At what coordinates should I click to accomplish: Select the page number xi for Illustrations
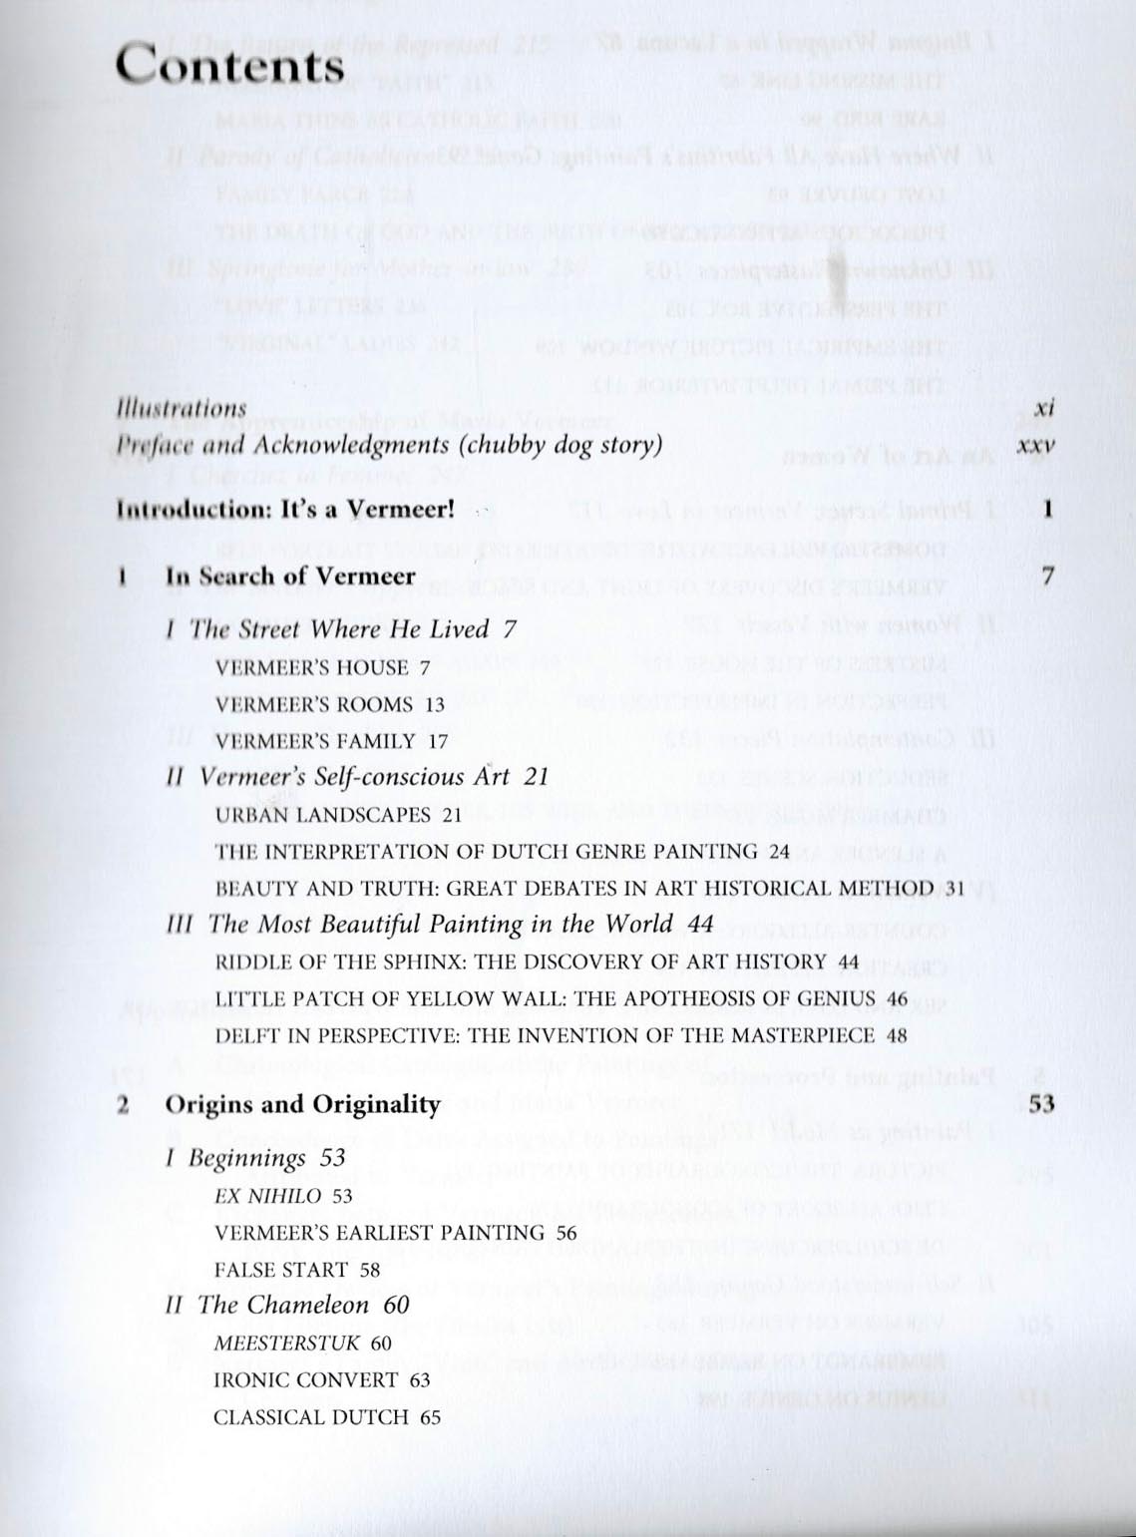(1044, 408)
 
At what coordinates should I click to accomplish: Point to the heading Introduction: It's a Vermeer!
(285, 510)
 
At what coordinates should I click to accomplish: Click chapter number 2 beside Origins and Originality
(122, 1104)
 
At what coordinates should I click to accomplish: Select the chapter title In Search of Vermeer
(290, 576)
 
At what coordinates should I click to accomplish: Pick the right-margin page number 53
(1042, 1103)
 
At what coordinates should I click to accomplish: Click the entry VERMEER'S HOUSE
(312, 667)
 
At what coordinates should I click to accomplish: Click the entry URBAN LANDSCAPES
(324, 815)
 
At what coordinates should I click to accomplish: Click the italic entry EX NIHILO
(268, 1196)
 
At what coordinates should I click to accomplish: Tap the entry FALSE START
(281, 1270)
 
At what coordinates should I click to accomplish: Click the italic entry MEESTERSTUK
(287, 1344)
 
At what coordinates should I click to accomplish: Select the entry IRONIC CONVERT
(306, 1380)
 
